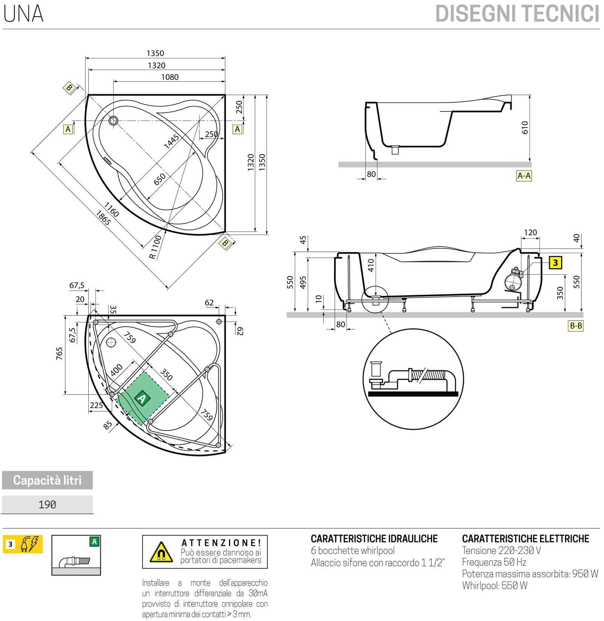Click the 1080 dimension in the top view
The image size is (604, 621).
coord(170,77)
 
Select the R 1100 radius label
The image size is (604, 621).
coord(155,247)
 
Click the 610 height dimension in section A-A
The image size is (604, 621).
coord(525,127)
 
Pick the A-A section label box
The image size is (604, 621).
coord(524,176)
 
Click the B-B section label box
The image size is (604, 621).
coord(575,326)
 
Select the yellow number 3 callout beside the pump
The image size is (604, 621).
coord(555,263)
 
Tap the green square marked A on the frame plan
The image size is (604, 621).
coord(142,398)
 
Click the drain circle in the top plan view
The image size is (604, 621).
coord(113,120)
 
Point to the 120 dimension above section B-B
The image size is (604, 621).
coord(530,232)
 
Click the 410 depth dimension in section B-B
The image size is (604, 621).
coord(371,265)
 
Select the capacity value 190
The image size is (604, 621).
coord(47,504)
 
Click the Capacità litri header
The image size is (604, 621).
coord(47,480)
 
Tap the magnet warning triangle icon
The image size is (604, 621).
coord(161,553)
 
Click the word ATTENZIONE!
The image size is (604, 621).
coord(221,543)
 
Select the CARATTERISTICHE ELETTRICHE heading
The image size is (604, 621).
coord(525,539)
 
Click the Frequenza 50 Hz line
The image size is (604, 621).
coord(494,562)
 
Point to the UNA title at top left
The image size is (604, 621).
coord(23,14)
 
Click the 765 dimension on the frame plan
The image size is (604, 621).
coord(59,353)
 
